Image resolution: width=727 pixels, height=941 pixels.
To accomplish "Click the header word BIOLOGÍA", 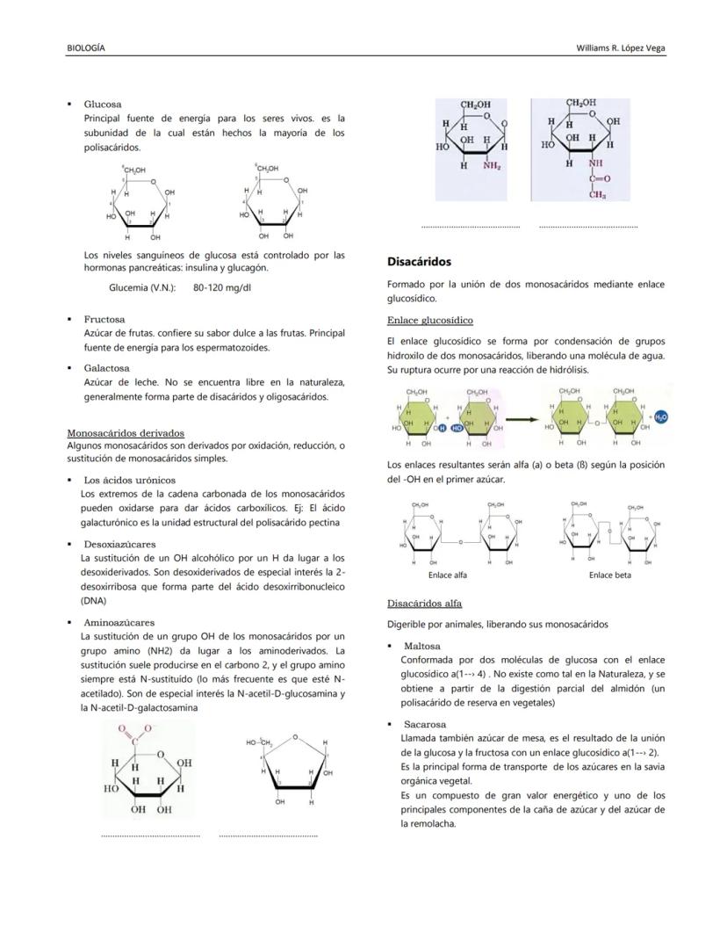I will coord(86,47).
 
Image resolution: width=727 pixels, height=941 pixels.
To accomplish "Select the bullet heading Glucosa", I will coord(103,104).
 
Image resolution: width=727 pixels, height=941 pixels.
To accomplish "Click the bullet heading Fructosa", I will coord(104,319).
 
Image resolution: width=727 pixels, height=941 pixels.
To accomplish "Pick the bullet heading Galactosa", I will coord(106,368).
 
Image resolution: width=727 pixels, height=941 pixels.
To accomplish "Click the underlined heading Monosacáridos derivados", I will coord(126,432).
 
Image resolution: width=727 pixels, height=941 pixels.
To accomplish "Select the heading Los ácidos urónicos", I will coord(129,480).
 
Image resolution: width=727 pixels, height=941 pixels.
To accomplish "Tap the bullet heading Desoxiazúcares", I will coord(119,544).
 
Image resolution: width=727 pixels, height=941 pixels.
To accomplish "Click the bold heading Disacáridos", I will coord(419,261).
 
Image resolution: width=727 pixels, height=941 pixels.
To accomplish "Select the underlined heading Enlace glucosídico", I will coord(429,320).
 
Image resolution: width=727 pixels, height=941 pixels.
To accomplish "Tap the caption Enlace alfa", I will coord(448,575).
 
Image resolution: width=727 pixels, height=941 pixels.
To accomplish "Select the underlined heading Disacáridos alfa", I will coord(424,604).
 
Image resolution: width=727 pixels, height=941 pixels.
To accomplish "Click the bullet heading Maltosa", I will coord(422,646).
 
